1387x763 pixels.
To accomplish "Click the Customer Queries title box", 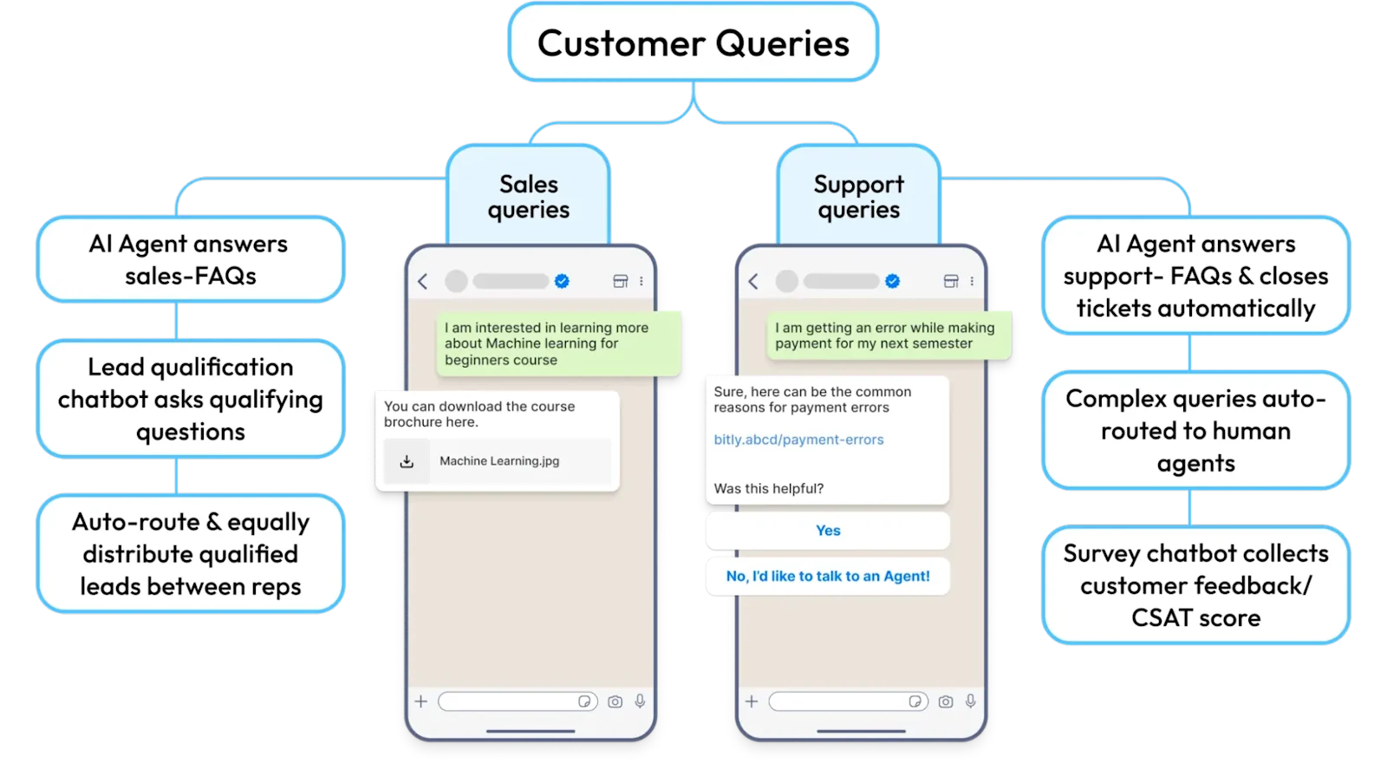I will pyautogui.click(x=693, y=42).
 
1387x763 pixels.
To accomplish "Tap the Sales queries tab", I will pyautogui.click(x=528, y=197).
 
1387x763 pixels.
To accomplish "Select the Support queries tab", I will pyautogui.click(x=858, y=197).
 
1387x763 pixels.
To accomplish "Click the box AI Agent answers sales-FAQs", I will pyautogui.click(x=190, y=259).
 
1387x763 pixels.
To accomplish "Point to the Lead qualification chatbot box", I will pyautogui.click(x=190, y=399).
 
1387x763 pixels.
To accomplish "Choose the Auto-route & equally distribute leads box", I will pyautogui.click(x=190, y=554).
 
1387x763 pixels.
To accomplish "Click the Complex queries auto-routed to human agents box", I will pyautogui.click(x=1195, y=430).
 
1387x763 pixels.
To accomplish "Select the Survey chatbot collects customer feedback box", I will pyautogui.click(x=1195, y=585).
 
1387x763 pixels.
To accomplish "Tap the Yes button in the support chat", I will pyautogui.click(x=828, y=531).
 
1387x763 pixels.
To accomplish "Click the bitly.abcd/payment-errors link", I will pyautogui.click(x=798, y=440).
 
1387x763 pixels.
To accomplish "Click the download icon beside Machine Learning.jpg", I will pyautogui.click(x=407, y=461).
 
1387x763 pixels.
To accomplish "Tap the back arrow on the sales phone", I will pyautogui.click(x=423, y=281).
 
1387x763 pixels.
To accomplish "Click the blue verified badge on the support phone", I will pyautogui.click(x=892, y=281).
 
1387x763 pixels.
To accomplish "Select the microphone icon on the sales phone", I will pyautogui.click(x=640, y=701).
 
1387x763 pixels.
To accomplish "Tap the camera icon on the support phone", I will pyautogui.click(x=946, y=701).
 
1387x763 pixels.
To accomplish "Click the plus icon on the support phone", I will pyautogui.click(x=752, y=701).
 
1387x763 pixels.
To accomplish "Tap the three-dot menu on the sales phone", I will pyautogui.click(x=641, y=281).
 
